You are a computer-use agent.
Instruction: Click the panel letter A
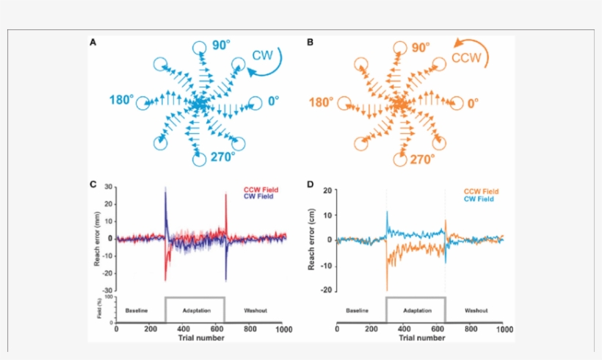pos(93,43)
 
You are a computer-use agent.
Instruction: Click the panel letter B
pos(310,43)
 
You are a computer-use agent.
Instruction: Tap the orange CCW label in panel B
pos(468,57)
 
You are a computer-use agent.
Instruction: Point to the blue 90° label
pos(222,47)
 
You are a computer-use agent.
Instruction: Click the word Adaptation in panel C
pos(194,311)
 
